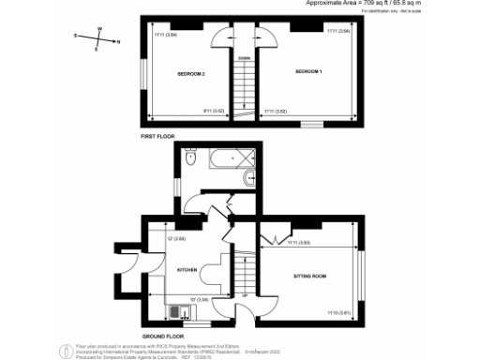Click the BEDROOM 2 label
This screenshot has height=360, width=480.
[x=191, y=72]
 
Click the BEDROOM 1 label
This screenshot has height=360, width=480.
[x=308, y=72]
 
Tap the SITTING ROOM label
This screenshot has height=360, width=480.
[x=309, y=277]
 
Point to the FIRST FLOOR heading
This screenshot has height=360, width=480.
[x=158, y=137]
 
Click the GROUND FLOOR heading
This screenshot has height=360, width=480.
[x=162, y=336]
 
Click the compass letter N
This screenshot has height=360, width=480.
[x=116, y=41]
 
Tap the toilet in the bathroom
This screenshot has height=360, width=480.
[x=191, y=160]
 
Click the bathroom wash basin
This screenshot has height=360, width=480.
[x=247, y=178]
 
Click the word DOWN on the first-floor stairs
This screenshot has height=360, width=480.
[x=244, y=58]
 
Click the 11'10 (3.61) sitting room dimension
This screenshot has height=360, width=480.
[x=337, y=312]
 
